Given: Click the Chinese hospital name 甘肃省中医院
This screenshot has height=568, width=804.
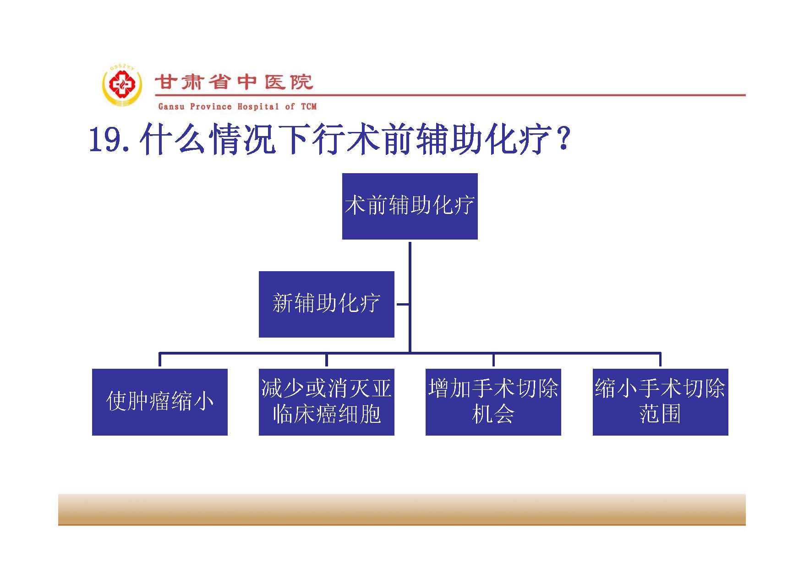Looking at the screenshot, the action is click(x=234, y=82).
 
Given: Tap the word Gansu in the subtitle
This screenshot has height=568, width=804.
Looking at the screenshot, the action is click(x=171, y=107).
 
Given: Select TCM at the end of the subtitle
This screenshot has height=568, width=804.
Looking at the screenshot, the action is click(x=309, y=107).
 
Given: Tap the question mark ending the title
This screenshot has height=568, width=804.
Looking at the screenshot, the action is click(x=563, y=139).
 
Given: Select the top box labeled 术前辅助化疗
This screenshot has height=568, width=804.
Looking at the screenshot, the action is click(x=410, y=206).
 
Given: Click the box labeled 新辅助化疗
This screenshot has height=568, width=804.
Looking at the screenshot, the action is click(x=326, y=304).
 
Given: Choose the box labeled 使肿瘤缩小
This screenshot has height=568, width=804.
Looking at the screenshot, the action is click(x=159, y=402).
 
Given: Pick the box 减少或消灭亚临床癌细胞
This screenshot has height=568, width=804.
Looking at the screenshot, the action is click(x=326, y=402).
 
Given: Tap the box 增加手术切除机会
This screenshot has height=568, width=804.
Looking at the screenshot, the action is click(x=493, y=402).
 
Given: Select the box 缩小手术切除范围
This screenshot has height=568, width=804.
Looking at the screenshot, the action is click(x=660, y=402).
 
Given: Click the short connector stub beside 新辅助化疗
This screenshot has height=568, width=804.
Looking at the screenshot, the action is click(x=402, y=304).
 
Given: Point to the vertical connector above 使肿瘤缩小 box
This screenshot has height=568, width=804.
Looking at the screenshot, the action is click(x=159, y=359).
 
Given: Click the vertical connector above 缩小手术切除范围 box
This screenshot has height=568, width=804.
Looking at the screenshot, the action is click(x=660, y=359).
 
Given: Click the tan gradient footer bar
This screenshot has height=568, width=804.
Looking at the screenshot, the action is click(x=402, y=509).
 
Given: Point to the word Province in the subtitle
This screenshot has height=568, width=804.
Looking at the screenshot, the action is click(x=211, y=107).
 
